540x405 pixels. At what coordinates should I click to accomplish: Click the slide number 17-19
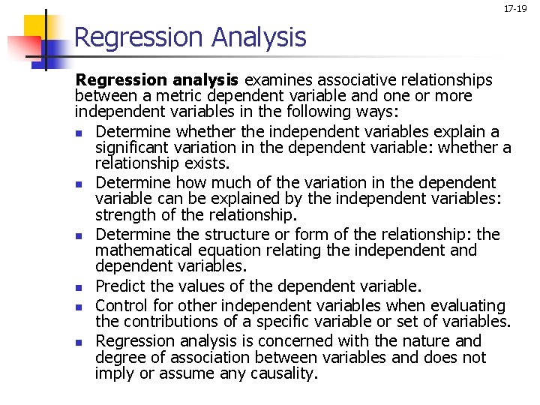tap(515, 9)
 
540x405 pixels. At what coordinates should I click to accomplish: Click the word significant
tap(136, 148)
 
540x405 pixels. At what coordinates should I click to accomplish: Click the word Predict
tap(121, 286)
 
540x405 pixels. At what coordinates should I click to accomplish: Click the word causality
tap(284, 373)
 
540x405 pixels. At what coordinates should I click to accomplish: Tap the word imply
tap(115, 373)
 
